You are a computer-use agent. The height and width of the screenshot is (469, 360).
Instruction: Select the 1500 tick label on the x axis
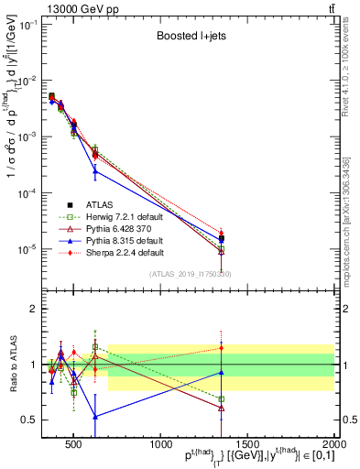(x=247, y=443)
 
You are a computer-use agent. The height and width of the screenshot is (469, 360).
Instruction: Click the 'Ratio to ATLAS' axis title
(x=12, y=365)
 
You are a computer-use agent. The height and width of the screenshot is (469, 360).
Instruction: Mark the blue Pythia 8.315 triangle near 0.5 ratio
(x=95, y=415)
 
